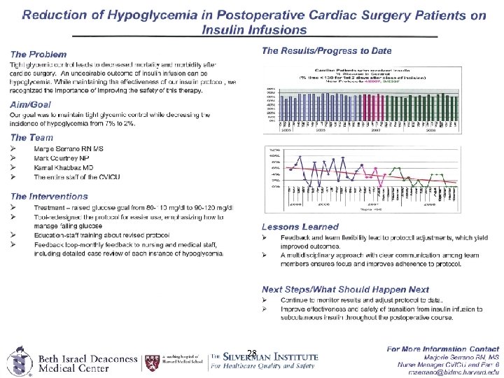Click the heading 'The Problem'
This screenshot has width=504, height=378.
tap(38, 54)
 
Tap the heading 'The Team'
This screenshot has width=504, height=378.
tap(31, 138)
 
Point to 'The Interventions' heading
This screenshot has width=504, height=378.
tap(49, 197)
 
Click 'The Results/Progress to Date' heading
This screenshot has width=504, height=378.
tap(326, 50)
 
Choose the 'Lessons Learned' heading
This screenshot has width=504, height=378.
tap(300, 227)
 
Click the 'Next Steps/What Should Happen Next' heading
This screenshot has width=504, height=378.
tap(345, 289)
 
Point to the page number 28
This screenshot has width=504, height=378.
tap(252, 353)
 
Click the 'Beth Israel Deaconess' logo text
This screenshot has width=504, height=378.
tap(87, 359)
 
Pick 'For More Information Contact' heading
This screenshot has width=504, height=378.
tap(442, 348)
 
